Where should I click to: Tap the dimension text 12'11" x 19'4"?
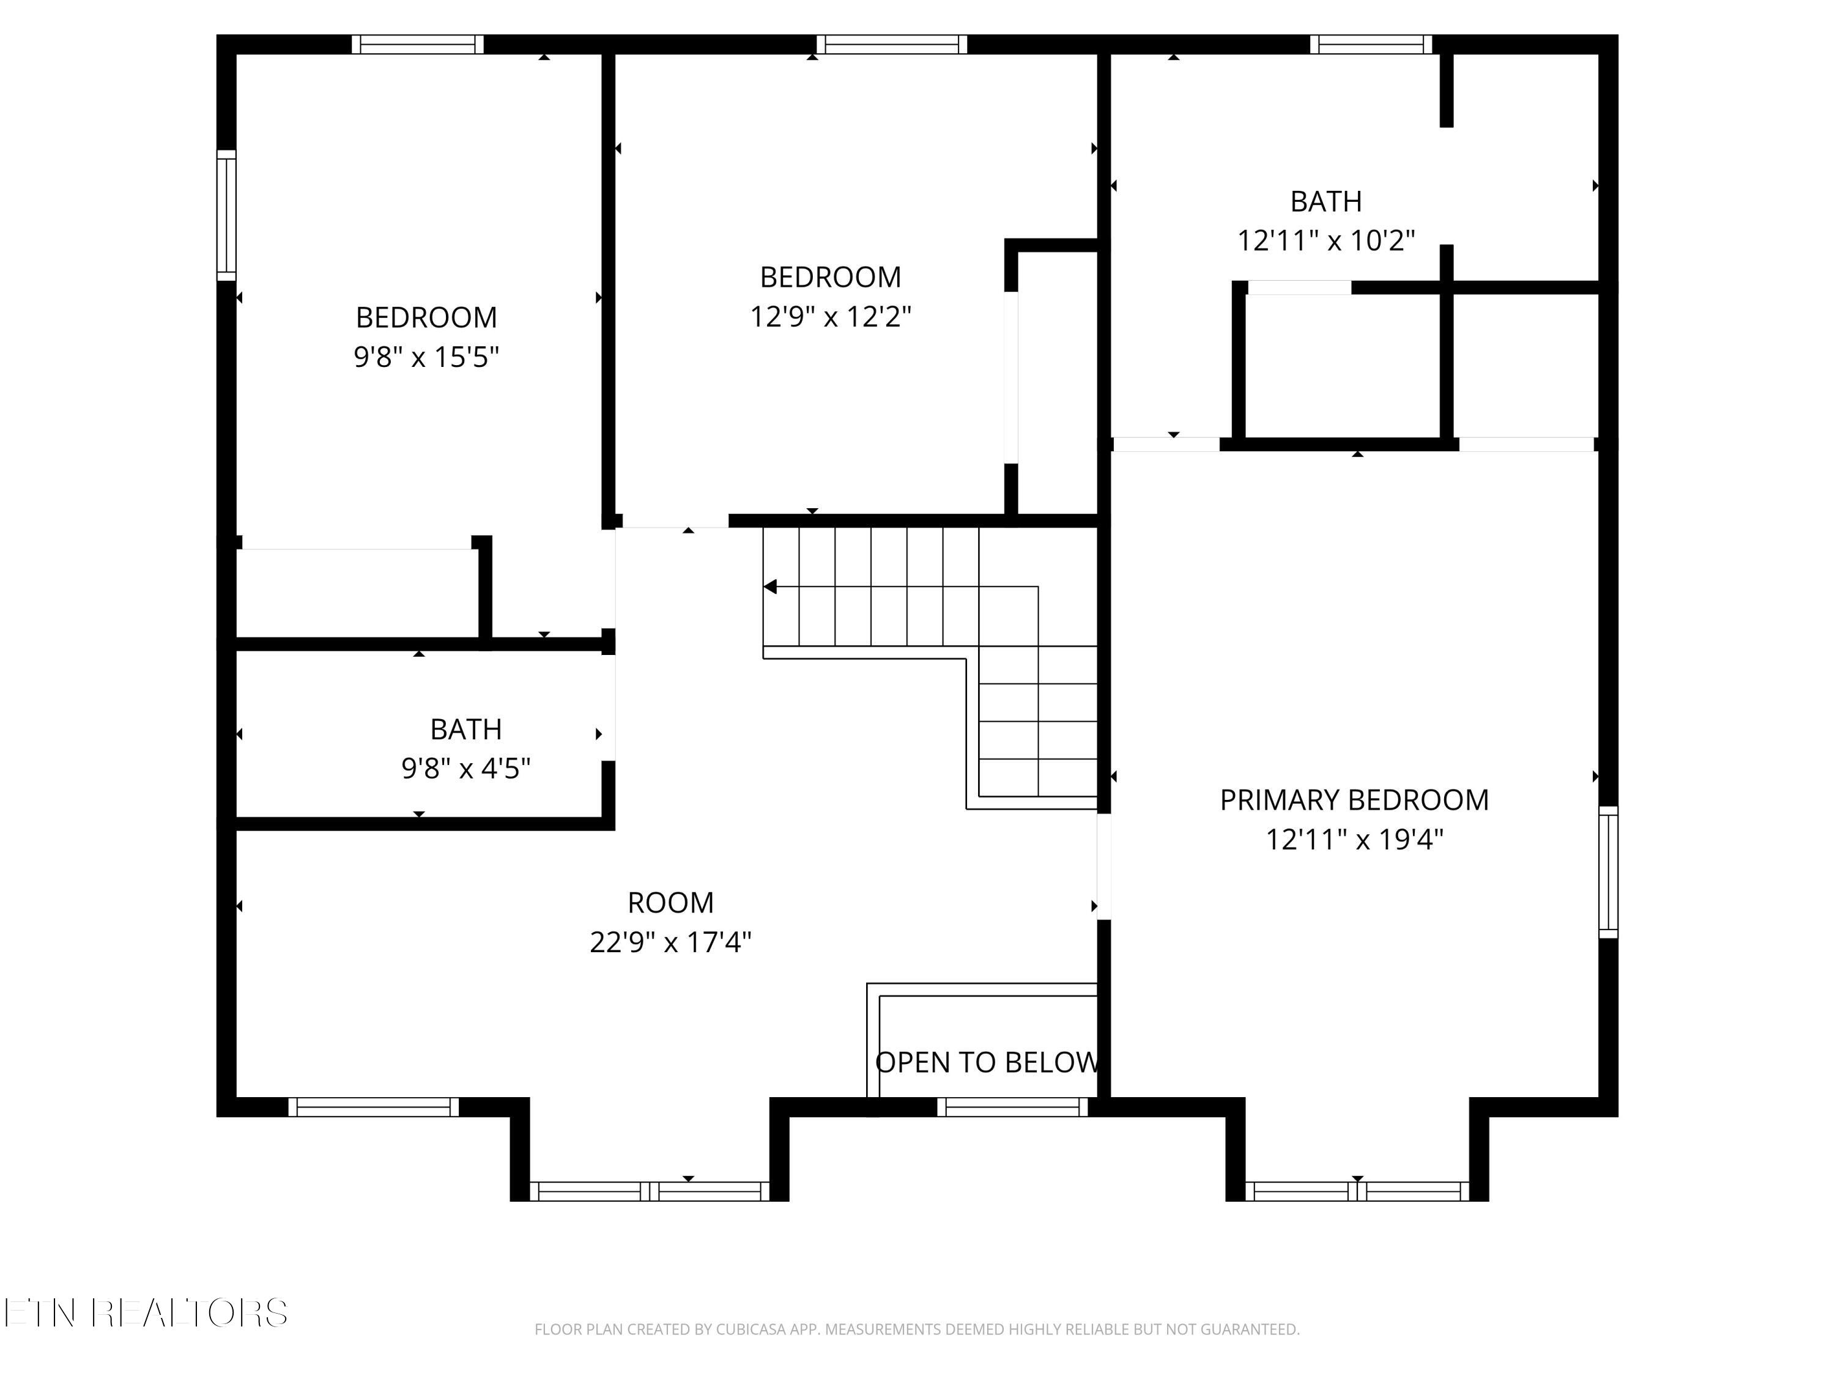click(1354, 840)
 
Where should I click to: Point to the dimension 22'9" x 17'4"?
click(670, 943)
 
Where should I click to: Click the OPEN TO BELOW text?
click(987, 1062)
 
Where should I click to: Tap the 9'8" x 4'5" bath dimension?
click(465, 769)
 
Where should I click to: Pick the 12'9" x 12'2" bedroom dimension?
click(831, 317)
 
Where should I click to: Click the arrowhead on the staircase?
click(771, 587)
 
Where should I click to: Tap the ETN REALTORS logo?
click(146, 1313)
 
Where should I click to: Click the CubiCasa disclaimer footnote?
click(917, 1330)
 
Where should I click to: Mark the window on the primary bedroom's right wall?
click(1607, 873)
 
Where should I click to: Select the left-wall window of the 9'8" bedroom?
click(226, 216)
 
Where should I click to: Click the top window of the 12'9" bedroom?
click(892, 45)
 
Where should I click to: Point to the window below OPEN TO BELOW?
click(1012, 1108)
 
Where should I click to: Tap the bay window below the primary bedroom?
click(1357, 1192)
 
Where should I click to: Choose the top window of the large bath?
click(1371, 45)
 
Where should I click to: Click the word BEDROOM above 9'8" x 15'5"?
click(426, 317)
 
